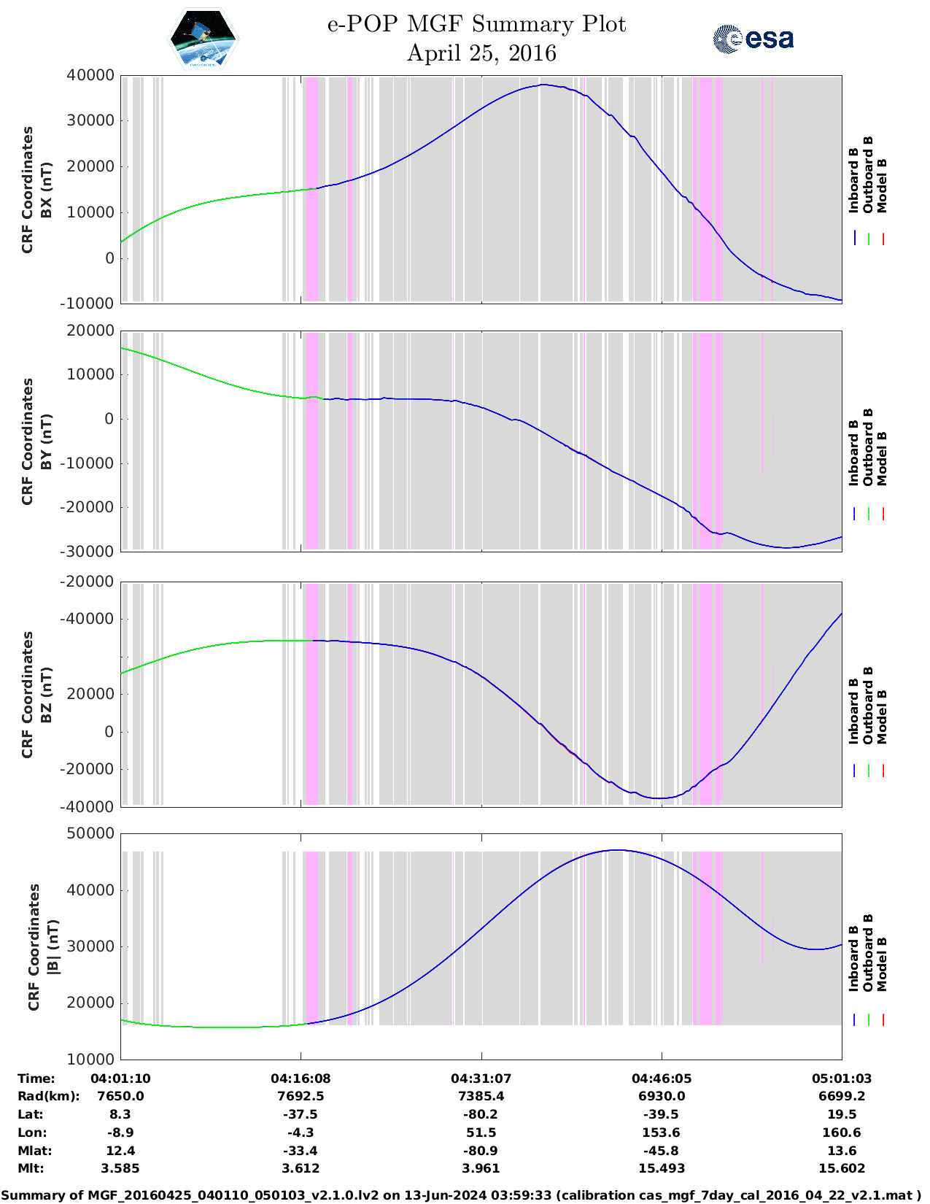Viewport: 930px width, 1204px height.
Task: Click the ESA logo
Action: [x=753, y=39]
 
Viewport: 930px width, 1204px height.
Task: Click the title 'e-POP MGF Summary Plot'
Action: [x=476, y=24]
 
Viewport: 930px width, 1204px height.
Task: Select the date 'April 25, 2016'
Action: [x=481, y=53]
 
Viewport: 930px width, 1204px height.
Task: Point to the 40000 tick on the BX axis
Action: [x=90, y=75]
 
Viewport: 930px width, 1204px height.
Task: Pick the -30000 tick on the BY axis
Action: [x=88, y=552]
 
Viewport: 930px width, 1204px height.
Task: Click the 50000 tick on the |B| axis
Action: [x=90, y=833]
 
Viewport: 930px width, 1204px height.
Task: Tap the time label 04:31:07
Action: [x=481, y=1078]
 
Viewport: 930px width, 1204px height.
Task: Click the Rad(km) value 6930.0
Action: [x=661, y=1096]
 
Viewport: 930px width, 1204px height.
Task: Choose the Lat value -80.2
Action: [x=481, y=1114]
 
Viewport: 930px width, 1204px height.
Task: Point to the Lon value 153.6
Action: [x=661, y=1132]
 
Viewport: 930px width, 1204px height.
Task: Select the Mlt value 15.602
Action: [x=842, y=1168]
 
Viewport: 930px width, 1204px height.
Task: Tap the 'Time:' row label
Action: [x=36, y=1078]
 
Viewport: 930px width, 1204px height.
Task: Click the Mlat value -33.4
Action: [x=301, y=1151]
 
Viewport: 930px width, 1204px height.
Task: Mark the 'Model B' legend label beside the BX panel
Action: [x=882, y=186]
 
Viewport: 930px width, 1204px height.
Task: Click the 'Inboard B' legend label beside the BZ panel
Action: [x=854, y=711]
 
